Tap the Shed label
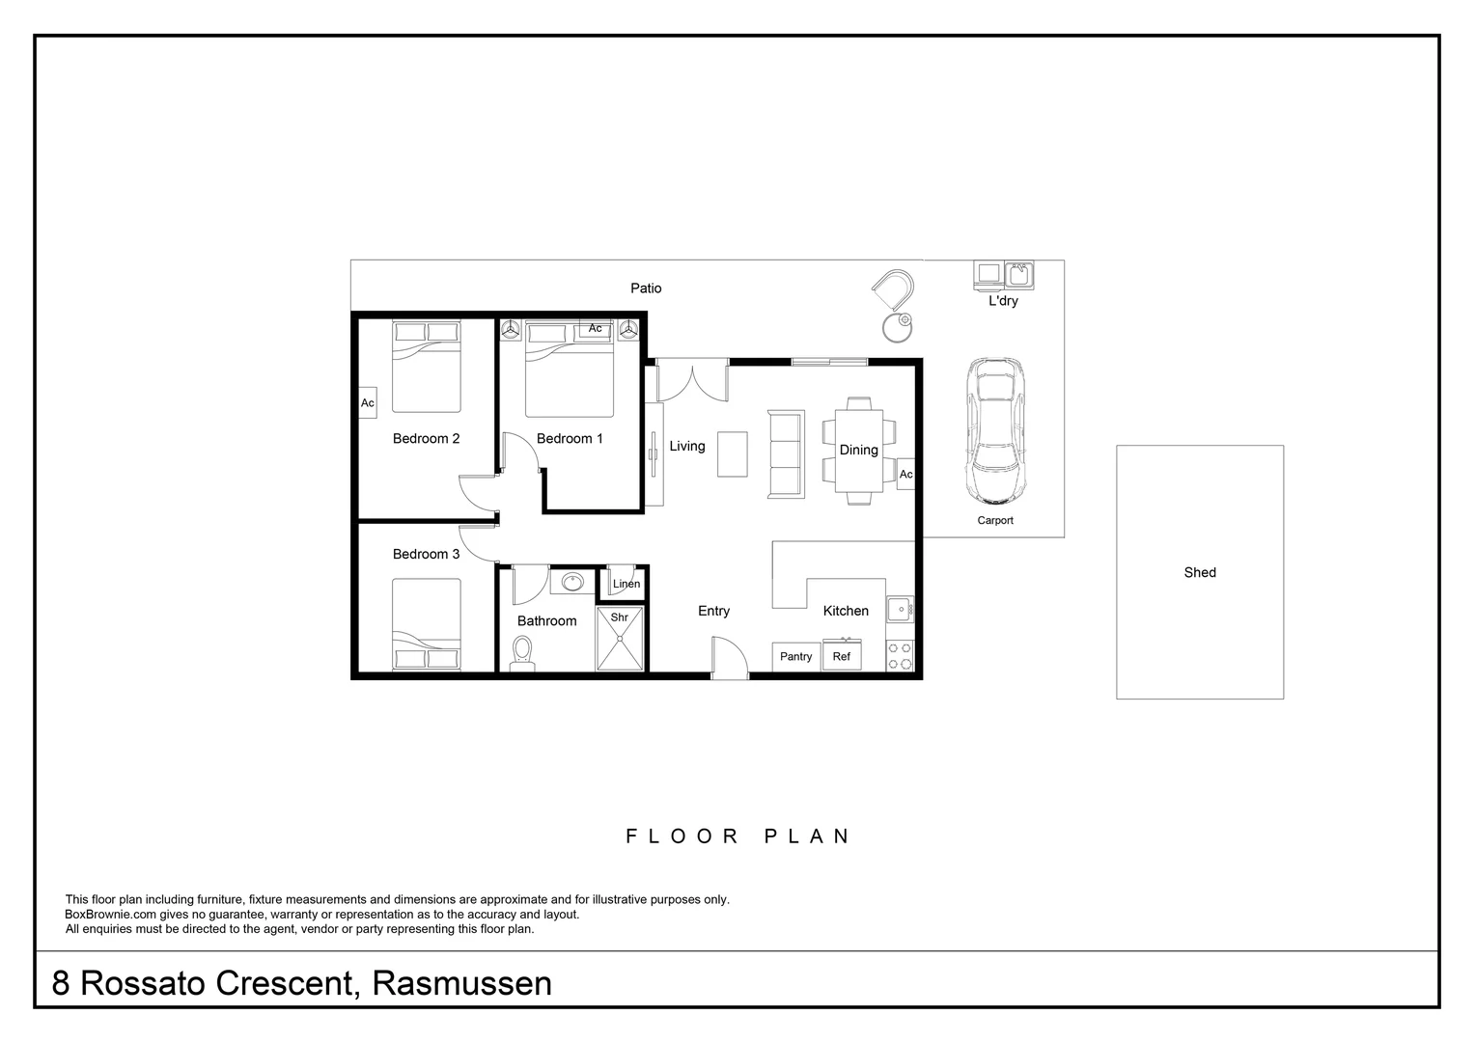click(1200, 572)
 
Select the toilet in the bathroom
click(521, 652)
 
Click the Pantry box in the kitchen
click(795, 656)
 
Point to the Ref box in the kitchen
click(842, 656)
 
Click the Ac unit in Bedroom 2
click(367, 402)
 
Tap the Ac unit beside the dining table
click(905, 474)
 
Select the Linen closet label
click(626, 584)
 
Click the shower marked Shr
click(619, 639)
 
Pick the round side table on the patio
click(898, 327)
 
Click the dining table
click(858, 450)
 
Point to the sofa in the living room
click(785, 454)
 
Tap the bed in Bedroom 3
click(426, 623)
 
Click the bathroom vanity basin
click(572, 582)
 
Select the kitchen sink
click(899, 609)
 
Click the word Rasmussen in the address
click(461, 983)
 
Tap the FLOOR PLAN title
click(737, 836)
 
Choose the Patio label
click(646, 288)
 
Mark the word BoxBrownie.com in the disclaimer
click(110, 915)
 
